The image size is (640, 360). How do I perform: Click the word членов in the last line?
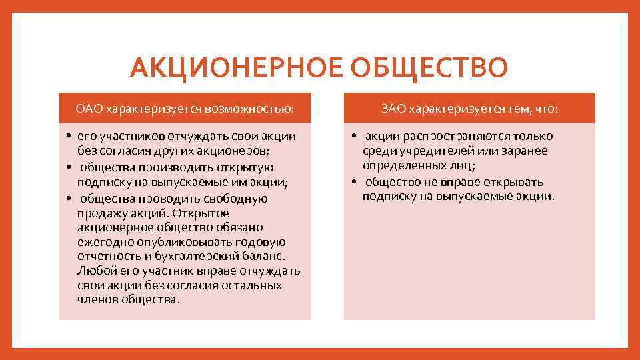coord(97,299)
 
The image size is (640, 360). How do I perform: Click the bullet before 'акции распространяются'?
coord(353,137)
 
